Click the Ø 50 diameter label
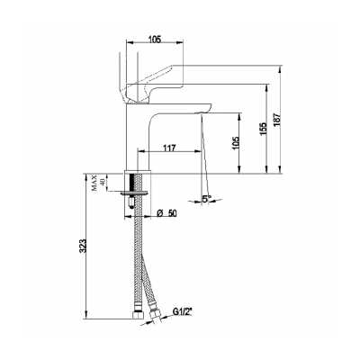(x=166, y=213)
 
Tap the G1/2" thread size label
(x=185, y=314)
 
